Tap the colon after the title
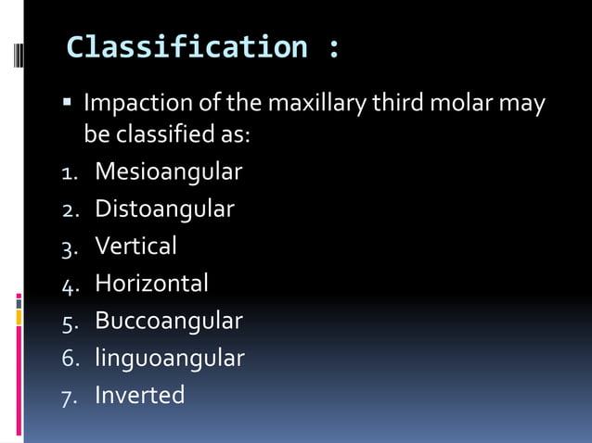333,48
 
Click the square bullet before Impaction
70,100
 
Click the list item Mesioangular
168,172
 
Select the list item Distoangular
164,209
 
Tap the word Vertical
135,246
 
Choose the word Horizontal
151,283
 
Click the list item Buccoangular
168,321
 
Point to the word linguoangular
169,358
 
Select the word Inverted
139,395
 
